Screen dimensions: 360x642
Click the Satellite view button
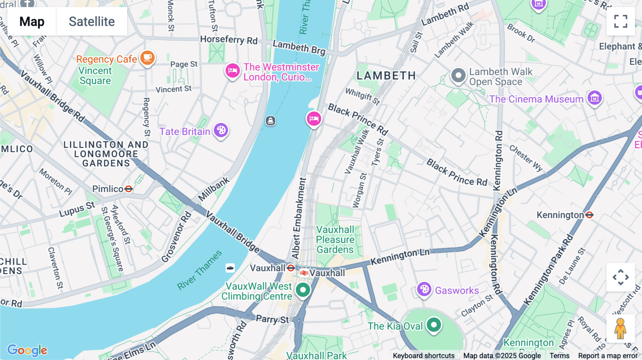point(92,21)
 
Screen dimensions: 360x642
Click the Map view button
point(32,21)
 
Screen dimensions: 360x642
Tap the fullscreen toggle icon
point(621,21)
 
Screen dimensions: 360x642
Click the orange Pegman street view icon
point(620,329)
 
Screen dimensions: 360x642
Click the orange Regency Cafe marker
point(147,58)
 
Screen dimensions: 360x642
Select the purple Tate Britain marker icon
point(221,130)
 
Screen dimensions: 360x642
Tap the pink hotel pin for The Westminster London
point(232,71)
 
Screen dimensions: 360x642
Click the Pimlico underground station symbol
point(129,189)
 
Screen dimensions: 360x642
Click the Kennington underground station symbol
point(590,215)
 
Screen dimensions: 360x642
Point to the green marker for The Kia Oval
point(434,325)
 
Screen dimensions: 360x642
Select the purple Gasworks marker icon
point(424,289)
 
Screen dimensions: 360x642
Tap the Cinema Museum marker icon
point(595,98)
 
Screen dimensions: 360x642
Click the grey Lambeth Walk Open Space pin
point(458,76)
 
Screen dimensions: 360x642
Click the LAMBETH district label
point(386,76)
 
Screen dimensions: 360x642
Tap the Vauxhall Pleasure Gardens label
point(335,240)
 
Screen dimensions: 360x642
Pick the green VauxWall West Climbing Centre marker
point(303,290)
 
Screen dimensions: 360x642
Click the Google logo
point(27,350)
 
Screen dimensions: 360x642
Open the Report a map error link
point(608,356)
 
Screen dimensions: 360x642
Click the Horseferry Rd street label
point(229,40)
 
